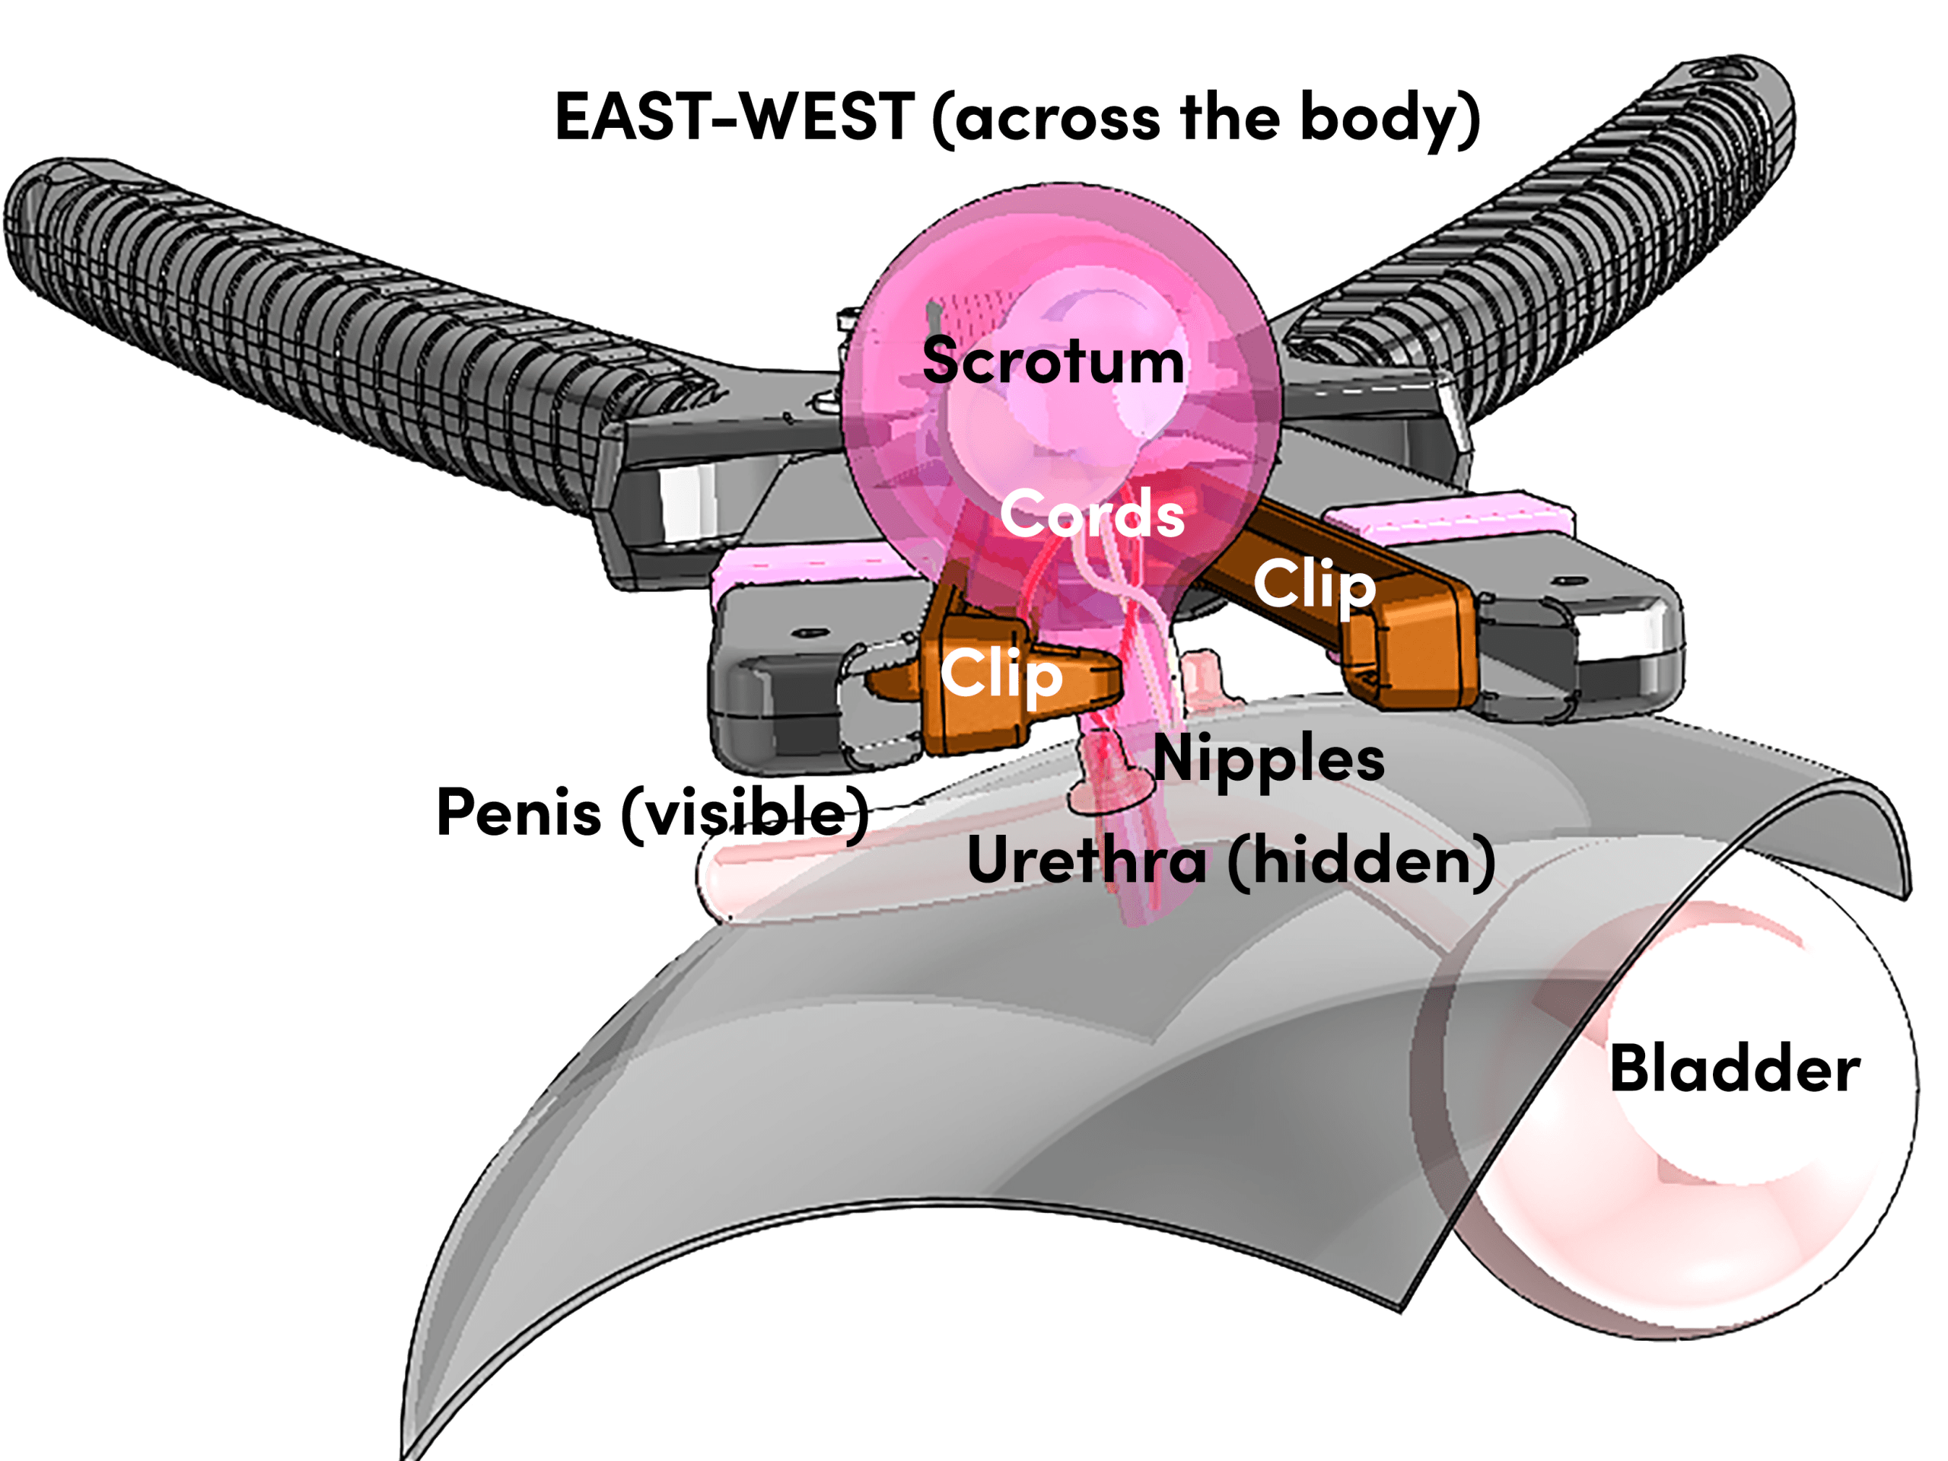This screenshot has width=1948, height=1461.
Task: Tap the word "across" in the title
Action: (x=1057, y=119)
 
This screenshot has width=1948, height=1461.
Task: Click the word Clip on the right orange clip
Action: (x=1314, y=584)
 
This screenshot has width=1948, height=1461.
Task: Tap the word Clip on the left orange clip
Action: (x=1001, y=673)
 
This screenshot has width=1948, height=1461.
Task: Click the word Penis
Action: (x=519, y=811)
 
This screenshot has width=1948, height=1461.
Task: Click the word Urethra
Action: (x=1087, y=861)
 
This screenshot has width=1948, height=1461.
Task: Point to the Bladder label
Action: (x=1735, y=1068)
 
